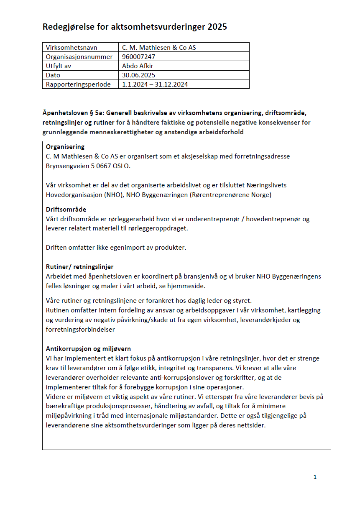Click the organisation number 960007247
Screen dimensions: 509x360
click(139, 57)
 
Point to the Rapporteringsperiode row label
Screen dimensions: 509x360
click(78, 84)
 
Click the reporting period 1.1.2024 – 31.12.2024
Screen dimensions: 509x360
click(155, 84)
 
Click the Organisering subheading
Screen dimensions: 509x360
click(65, 147)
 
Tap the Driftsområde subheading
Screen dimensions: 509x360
click(66, 210)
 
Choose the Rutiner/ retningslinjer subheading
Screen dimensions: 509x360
click(80, 267)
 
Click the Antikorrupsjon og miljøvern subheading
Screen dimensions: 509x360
click(89, 349)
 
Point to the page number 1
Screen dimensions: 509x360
click(315, 477)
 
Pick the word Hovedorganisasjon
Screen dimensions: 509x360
click(73, 194)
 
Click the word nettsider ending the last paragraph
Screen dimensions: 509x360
click(251, 425)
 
